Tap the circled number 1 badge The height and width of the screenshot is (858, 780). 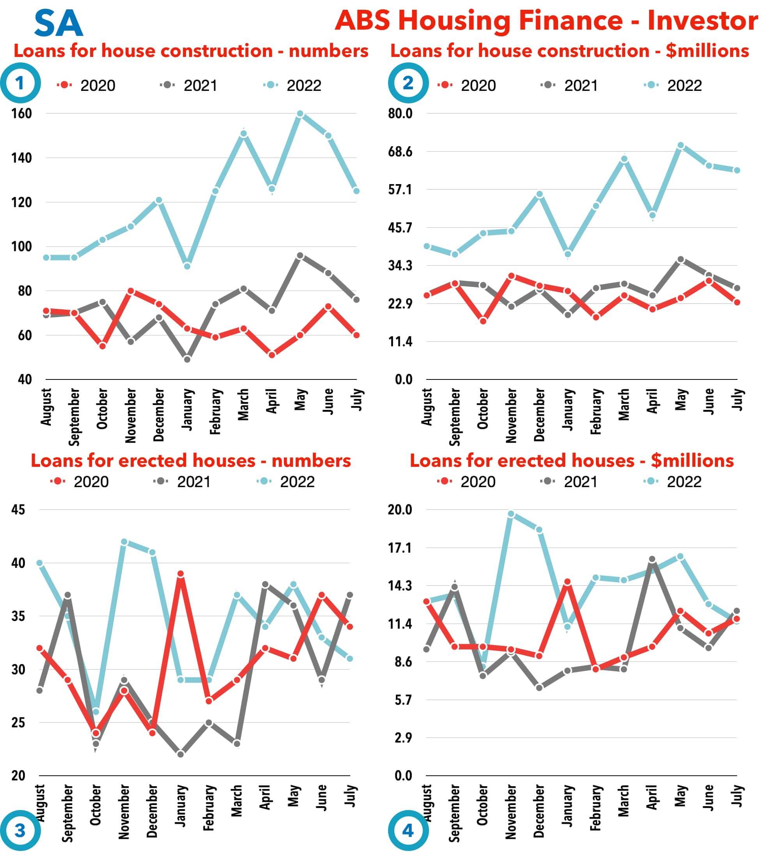click(x=20, y=83)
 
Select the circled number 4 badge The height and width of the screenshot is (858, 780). click(x=408, y=830)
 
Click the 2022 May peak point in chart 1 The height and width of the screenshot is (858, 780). click(x=300, y=113)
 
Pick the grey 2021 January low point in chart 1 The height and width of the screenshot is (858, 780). click(x=187, y=359)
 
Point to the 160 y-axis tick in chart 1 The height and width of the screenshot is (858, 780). click(x=21, y=113)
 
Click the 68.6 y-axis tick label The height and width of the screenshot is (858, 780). click(x=400, y=151)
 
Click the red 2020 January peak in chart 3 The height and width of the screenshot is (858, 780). click(x=181, y=574)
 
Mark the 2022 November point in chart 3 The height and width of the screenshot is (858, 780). click(x=124, y=542)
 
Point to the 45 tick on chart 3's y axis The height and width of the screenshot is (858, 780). click(x=18, y=509)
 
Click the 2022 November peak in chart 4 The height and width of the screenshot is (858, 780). click(x=511, y=514)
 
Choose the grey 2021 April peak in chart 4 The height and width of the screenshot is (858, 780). click(x=652, y=559)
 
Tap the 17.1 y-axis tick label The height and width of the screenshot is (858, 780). click(x=400, y=548)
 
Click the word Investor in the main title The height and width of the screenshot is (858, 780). click(x=702, y=20)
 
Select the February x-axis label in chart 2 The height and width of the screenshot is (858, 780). click(x=596, y=411)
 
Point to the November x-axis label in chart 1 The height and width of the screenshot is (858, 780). click(x=131, y=415)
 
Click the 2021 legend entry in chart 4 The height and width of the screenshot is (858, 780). click(x=570, y=482)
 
